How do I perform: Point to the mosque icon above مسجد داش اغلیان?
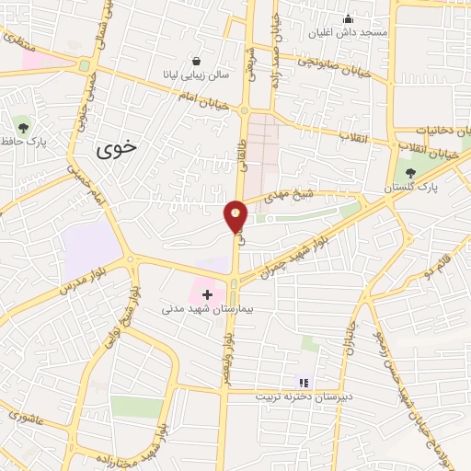(348, 18)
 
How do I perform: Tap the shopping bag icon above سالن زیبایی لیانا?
(196, 61)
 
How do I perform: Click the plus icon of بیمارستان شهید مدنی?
(207, 294)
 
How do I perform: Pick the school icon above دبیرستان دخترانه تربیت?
(303, 382)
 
